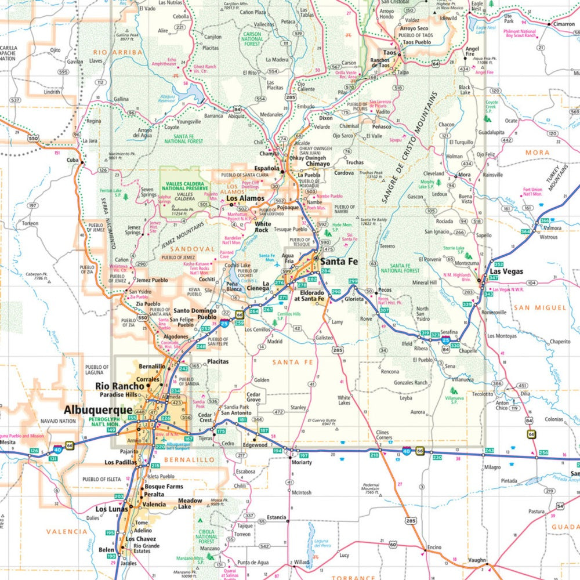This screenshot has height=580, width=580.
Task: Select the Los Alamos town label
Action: [245, 198]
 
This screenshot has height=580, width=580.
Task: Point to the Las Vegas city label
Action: [506, 271]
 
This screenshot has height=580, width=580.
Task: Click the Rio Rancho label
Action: [119, 386]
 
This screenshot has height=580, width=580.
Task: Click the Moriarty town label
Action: [302, 462]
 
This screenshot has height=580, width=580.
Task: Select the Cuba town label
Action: [72, 159]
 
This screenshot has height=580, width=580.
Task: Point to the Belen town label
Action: [106, 549]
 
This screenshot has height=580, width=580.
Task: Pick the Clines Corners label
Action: [382, 436]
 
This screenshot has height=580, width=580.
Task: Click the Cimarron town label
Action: [563, 24]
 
